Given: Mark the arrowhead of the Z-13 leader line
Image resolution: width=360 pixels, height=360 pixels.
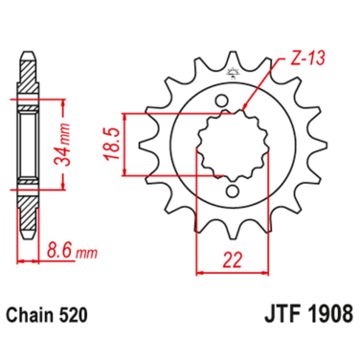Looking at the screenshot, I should [x=245, y=111].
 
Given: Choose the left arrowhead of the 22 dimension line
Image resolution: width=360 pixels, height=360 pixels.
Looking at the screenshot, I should [x=200, y=271].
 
